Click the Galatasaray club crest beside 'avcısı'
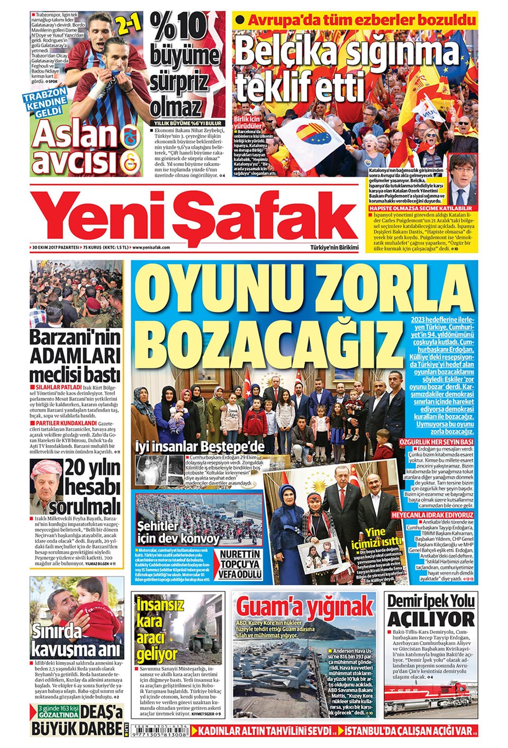click(x=130, y=161)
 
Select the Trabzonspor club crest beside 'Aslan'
click(x=130, y=136)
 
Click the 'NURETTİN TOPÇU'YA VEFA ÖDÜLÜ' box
click(x=240, y=564)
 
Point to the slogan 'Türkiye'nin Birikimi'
click(x=334, y=247)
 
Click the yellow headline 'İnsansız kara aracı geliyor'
click(x=157, y=629)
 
